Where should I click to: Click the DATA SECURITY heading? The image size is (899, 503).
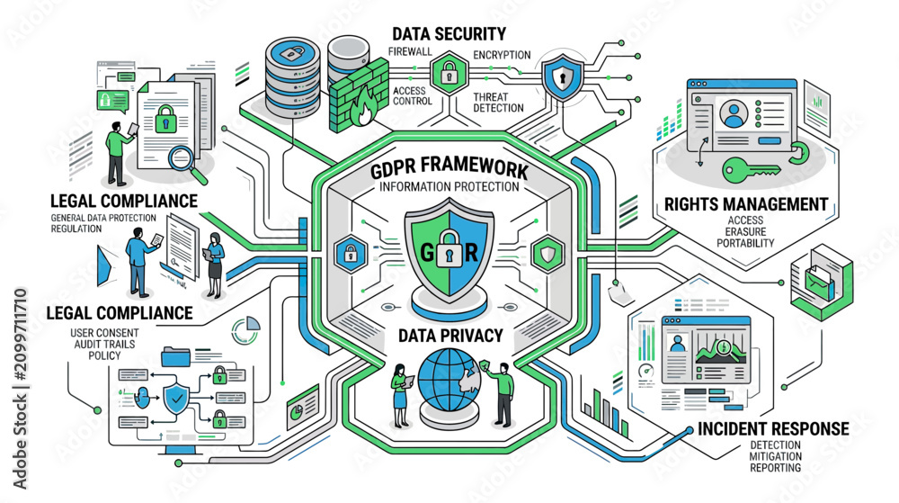coord(449,34)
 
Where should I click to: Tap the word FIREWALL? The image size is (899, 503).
coord(410,51)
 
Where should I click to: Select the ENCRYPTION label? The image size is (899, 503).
coord(502,55)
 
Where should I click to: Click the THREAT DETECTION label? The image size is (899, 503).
coord(498,102)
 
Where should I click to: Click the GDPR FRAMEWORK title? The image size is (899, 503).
coord(449,167)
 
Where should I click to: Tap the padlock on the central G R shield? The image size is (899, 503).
coord(449,248)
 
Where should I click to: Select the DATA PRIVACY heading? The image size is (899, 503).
coord(450,336)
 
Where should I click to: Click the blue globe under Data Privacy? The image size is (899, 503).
coord(447,379)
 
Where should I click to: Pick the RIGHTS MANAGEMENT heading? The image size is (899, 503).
coord(746,204)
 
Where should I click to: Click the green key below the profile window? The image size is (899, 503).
coord(751,170)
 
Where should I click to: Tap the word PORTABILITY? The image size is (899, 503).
coord(745,243)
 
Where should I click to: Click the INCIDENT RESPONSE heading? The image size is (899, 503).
coord(773,428)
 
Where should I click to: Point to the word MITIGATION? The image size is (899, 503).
coord(776,456)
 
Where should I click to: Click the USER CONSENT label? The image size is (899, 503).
coord(104,333)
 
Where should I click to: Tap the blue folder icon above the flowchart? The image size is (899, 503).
coord(175,356)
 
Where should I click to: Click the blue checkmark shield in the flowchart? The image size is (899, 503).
coord(176,399)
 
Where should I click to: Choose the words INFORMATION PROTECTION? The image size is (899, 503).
coord(449,187)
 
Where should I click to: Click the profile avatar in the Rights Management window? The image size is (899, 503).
coord(734,113)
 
